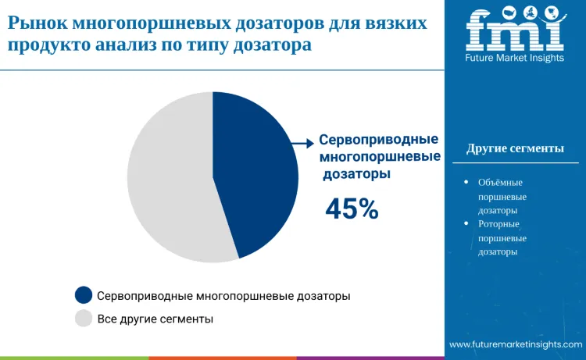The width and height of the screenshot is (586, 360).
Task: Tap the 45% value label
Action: [x=352, y=209]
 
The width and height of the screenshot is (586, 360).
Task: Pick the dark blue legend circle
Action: [x=84, y=295]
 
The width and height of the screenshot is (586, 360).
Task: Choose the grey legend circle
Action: [x=84, y=319]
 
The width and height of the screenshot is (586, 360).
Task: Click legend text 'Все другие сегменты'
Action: [x=155, y=319]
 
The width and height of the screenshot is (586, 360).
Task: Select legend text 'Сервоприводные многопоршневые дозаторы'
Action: [x=223, y=296]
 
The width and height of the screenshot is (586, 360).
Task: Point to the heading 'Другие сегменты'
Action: [x=515, y=148]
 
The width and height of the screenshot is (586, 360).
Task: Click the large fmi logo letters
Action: [x=514, y=30]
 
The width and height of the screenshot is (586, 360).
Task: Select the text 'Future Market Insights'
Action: [x=515, y=58]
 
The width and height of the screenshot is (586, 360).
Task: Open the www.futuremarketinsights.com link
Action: [x=515, y=344]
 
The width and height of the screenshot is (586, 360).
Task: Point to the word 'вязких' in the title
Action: [x=398, y=23]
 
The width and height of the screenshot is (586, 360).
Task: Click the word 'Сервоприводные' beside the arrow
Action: [x=378, y=141]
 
